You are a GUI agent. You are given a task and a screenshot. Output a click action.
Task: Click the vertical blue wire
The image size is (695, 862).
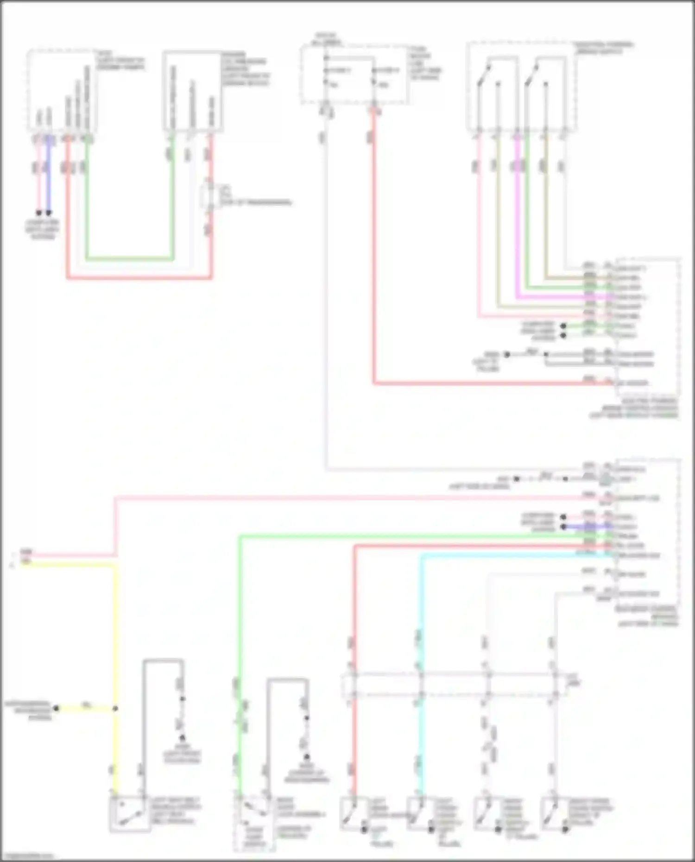(49, 176)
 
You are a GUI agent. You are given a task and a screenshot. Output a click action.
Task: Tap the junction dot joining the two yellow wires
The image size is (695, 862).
(115, 709)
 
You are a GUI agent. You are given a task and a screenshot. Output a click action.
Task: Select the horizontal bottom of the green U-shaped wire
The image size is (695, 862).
(130, 258)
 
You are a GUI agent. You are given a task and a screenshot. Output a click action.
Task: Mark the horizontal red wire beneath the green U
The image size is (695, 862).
(139, 278)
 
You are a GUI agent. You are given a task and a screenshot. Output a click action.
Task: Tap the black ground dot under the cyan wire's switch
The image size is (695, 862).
(431, 830)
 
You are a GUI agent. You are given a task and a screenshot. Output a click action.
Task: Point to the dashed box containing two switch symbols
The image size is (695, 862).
(521, 87)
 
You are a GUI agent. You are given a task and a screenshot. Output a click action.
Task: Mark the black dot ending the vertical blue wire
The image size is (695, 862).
(49, 213)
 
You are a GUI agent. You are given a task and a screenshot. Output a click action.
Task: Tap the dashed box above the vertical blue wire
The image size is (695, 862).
(62, 90)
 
